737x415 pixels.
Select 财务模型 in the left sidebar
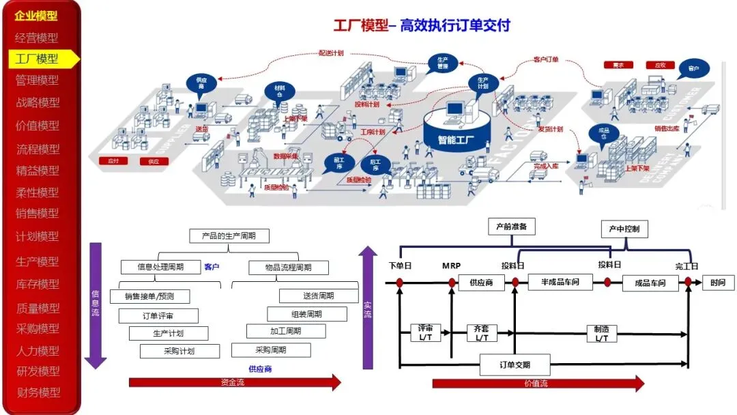(38, 392)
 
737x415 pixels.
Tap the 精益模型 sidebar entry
(38, 171)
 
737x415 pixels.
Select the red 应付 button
(114, 161)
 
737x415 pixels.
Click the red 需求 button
(618, 66)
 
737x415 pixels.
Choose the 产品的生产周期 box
(229, 236)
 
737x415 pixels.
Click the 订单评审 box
(159, 316)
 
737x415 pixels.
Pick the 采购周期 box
(271, 350)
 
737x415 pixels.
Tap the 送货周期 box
(319, 296)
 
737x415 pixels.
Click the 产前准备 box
(512, 226)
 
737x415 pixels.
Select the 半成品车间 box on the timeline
(560, 282)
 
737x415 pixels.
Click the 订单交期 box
(515, 365)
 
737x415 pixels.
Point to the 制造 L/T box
(602, 333)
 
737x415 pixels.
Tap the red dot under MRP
(452, 281)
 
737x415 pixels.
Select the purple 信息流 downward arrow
(96, 304)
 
